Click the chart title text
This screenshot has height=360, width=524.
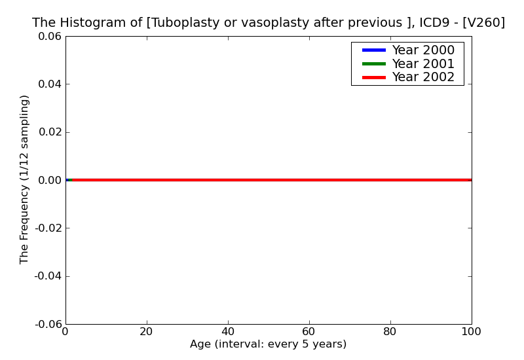(x=269, y=23)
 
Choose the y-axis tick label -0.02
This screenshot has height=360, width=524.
(x=47, y=228)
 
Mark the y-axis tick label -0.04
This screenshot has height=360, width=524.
(x=47, y=276)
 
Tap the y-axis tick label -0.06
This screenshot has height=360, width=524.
(x=47, y=324)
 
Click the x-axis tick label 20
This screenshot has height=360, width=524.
(x=147, y=332)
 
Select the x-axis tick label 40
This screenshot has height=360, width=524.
(x=228, y=332)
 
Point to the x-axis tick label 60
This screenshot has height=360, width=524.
(x=309, y=332)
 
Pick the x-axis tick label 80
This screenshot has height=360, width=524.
(x=390, y=332)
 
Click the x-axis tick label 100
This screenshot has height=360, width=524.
(x=472, y=332)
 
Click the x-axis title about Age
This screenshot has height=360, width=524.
(x=269, y=344)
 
